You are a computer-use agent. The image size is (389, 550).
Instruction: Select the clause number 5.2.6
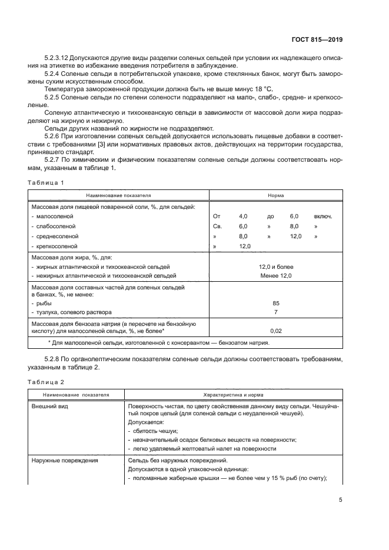[54, 135]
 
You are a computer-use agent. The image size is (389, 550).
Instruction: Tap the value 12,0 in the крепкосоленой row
[245, 246]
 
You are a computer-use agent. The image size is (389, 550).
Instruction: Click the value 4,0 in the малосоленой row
[244, 216]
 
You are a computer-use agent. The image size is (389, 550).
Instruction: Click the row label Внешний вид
[48, 406]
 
